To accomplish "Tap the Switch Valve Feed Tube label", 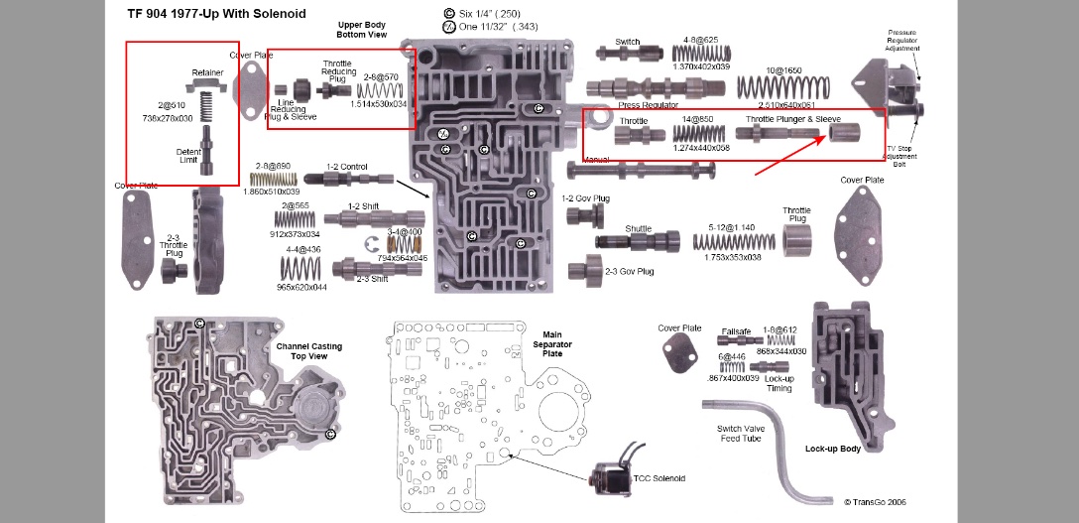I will (x=739, y=434).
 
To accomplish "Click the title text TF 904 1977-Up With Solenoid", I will (x=217, y=14).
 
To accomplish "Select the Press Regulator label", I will (x=649, y=105).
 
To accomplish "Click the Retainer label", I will (x=208, y=72).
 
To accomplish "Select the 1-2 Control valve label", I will (x=347, y=167).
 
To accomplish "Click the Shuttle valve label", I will (x=638, y=228).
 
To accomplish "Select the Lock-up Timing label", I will (x=779, y=383).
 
